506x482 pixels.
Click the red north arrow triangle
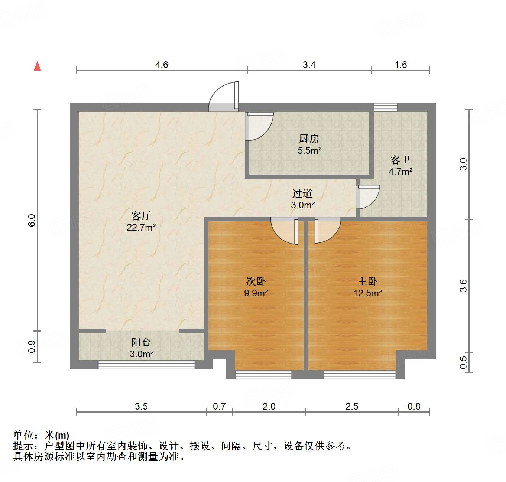click(x=37, y=66)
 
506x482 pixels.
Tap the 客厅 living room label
click(x=141, y=216)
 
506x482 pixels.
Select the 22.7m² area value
click(x=141, y=227)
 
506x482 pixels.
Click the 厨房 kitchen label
click(x=309, y=139)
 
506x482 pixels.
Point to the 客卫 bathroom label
click(x=400, y=160)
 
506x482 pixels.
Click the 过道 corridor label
click(x=302, y=193)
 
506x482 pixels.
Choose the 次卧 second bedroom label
click(x=256, y=281)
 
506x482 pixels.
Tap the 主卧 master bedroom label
click(x=367, y=281)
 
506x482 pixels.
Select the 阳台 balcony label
click(x=141, y=342)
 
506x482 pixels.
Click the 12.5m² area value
click(x=367, y=293)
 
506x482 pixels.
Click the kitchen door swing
click(x=258, y=126)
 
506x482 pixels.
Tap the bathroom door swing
click(x=367, y=197)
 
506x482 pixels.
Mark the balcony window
click(x=146, y=365)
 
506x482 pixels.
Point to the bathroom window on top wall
click(x=385, y=107)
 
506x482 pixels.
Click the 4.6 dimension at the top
click(x=162, y=65)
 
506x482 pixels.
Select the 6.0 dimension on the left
click(x=32, y=220)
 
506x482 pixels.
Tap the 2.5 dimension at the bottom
click(x=352, y=406)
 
